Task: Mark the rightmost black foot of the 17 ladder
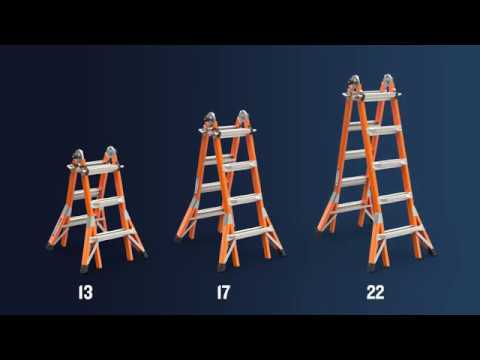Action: (278, 256)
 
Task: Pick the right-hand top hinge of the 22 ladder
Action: (386, 79)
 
